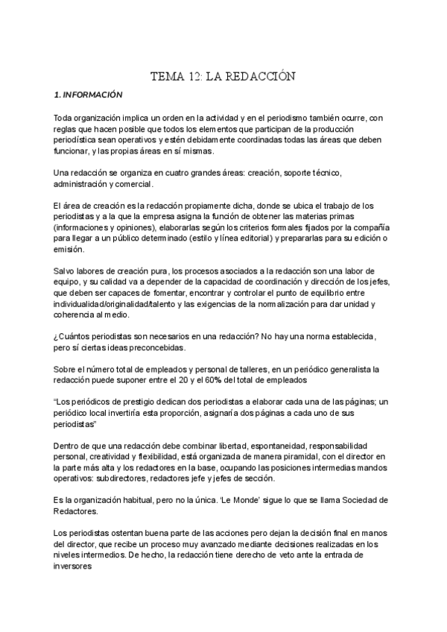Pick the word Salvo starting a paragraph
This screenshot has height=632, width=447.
[x=66, y=271]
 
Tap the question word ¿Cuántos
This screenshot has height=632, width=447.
[x=75, y=336]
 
